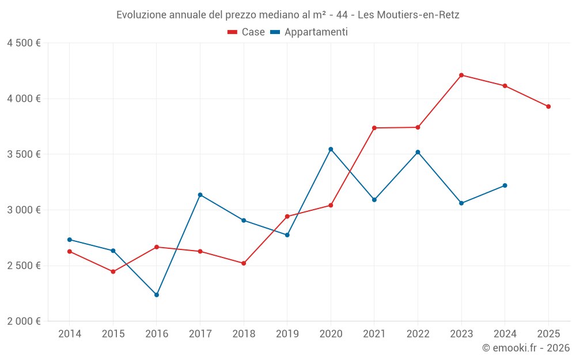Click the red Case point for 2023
point(461,75)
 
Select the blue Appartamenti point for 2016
point(157,295)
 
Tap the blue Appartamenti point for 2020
point(331,149)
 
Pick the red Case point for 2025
point(548,107)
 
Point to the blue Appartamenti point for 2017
point(200,195)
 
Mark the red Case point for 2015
point(113,272)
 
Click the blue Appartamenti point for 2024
point(505,185)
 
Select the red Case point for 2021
point(374,128)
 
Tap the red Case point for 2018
point(244,263)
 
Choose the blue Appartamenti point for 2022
point(418,152)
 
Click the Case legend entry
point(247,32)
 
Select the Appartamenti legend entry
point(309,32)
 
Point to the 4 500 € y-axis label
point(24,43)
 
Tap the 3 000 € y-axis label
point(24,210)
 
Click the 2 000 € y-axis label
point(24,321)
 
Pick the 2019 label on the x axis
point(287,334)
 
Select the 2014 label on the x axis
point(70,334)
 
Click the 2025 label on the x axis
point(548,334)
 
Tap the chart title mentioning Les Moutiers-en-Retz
point(287,15)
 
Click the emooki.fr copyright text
point(526,348)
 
